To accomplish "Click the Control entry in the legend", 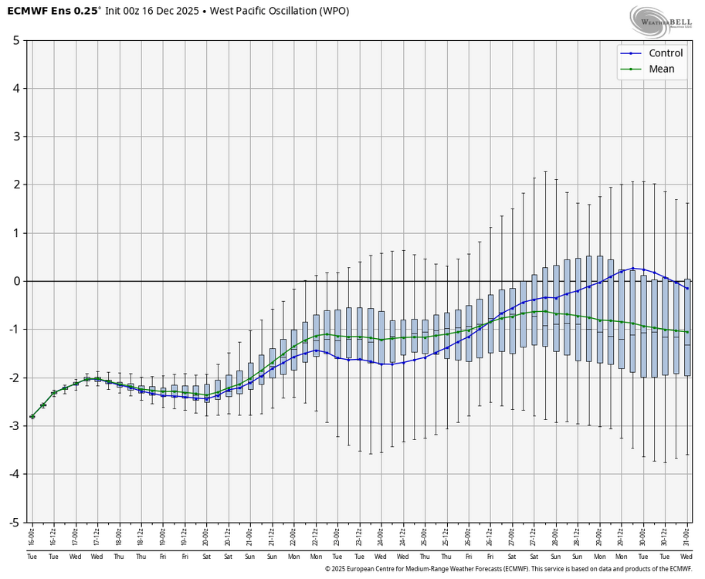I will (x=665, y=53).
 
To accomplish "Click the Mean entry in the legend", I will (x=661, y=69).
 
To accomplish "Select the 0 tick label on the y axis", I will (x=15, y=281).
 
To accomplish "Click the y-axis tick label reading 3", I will (x=15, y=137).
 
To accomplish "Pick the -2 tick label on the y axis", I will (x=13, y=378).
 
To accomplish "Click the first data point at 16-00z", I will (x=32, y=416).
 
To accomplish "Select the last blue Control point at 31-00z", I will (x=687, y=288).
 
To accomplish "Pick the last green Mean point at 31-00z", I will (x=687, y=332).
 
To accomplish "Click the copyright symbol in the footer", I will (x=328, y=569).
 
